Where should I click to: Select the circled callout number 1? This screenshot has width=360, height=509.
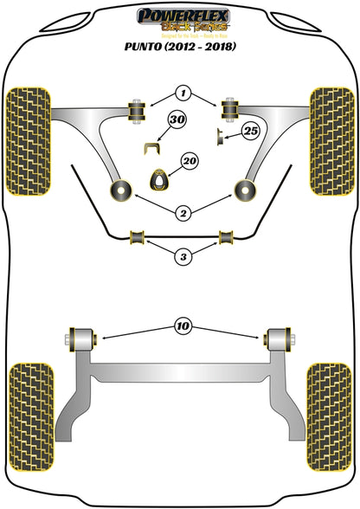pyautogui.click(x=182, y=93)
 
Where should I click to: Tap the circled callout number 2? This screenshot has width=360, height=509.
pyautogui.click(x=183, y=211)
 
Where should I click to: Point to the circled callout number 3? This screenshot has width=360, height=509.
pyautogui.click(x=183, y=256)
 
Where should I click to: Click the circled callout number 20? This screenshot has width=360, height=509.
pyautogui.click(x=189, y=162)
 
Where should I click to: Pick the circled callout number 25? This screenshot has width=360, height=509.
pyautogui.click(x=251, y=131)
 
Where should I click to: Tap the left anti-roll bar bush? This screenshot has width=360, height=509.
pyautogui.click(x=136, y=236)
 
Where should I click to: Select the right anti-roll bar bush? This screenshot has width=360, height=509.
pyautogui.click(x=228, y=236)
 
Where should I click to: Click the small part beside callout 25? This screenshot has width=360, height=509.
pyautogui.click(x=221, y=134)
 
